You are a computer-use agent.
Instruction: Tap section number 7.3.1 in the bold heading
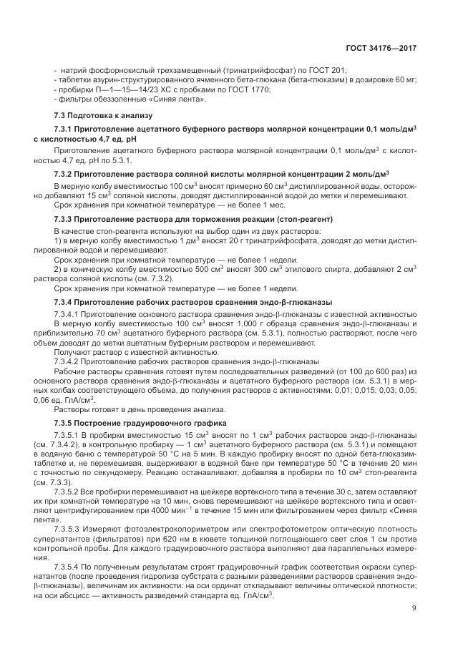[x=66, y=128]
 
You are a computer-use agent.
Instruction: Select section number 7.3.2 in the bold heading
[x=66, y=174]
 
